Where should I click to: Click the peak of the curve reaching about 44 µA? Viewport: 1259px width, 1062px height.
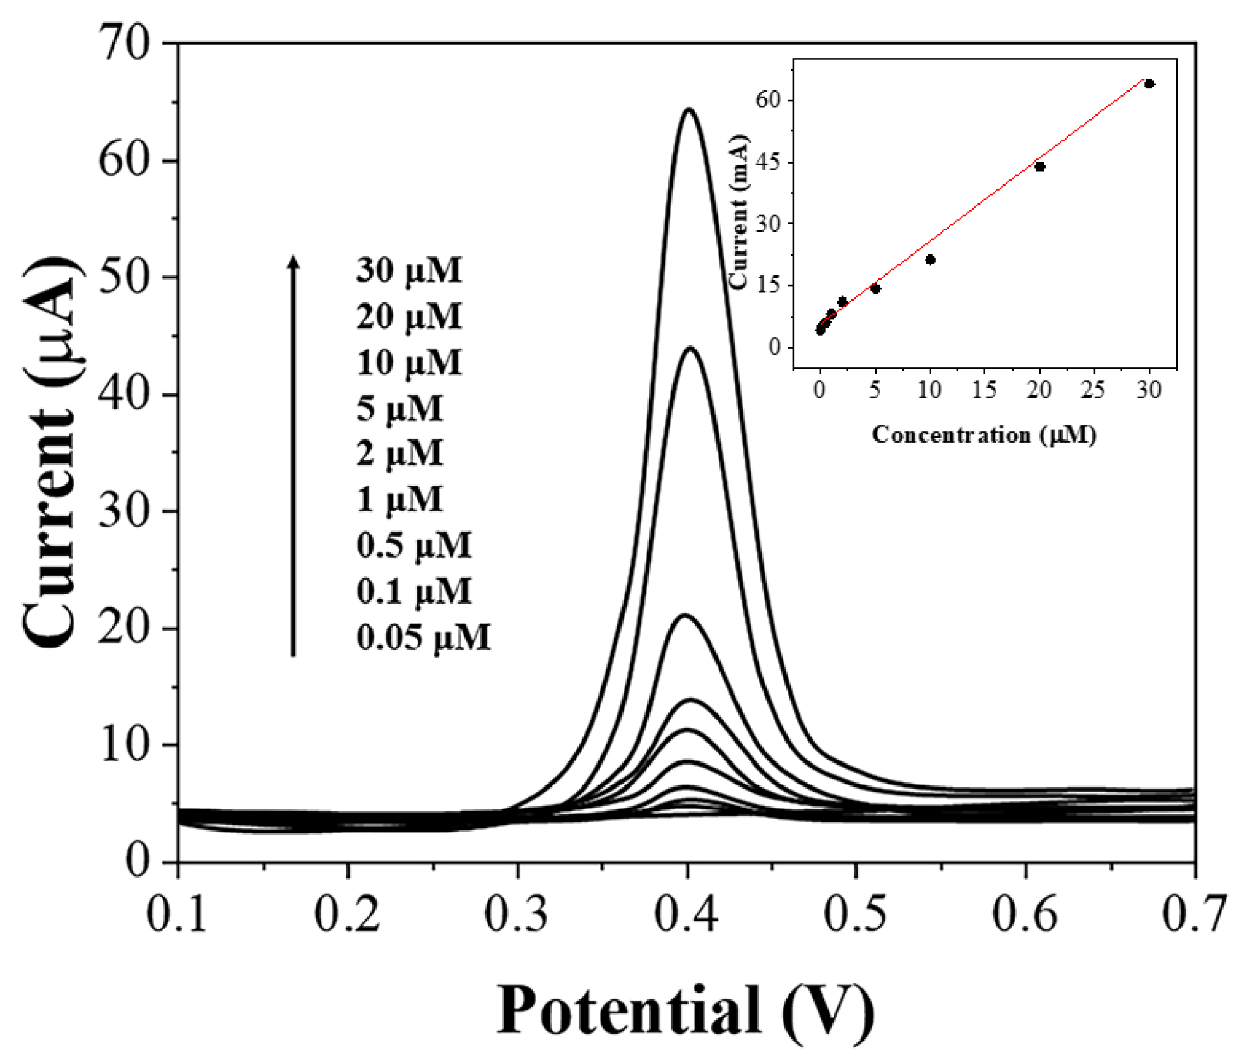pyautogui.click(x=690, y=348)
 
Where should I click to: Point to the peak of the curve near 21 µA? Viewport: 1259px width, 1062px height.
pyautogui.click(x=685, y=616)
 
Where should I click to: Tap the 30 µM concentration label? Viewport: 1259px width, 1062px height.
pyautogui.click(x=409, y=270)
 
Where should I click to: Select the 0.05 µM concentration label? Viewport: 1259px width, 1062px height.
pyautogui.click(x=423, y=637)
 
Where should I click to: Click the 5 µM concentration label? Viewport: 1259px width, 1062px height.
pyautogui.click(x=399, y=408)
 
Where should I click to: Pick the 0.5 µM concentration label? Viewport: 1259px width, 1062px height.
pyautogui.click(x=413, y=546)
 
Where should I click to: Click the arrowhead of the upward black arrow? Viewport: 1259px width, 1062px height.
pyautogui.click(x=293, y=261)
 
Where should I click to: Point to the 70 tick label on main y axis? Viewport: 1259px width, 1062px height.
pyautogui.click(x=124, y=44)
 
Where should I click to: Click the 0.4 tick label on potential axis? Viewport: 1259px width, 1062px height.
pyautogui.click(x=686, y=914)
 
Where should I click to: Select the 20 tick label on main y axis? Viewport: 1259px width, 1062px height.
pyautogui.click(x=124, y=628)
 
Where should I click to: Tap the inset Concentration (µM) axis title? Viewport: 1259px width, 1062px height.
pyautogui.click(x=984, y=434)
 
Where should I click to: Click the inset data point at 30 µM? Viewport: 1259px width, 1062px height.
pyautogui.click(x=1149, y=84)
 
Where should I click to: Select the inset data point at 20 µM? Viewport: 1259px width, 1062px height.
pyautogui.click(x=1040, y=167)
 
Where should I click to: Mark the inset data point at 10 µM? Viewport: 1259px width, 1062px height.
pyautogui.click(x=930, y=260)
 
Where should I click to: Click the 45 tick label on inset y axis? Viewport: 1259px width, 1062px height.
pyautogui.click(x=768, y=162)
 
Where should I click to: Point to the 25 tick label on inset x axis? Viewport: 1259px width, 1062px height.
pyautogui.click(x=1093, y=390)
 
